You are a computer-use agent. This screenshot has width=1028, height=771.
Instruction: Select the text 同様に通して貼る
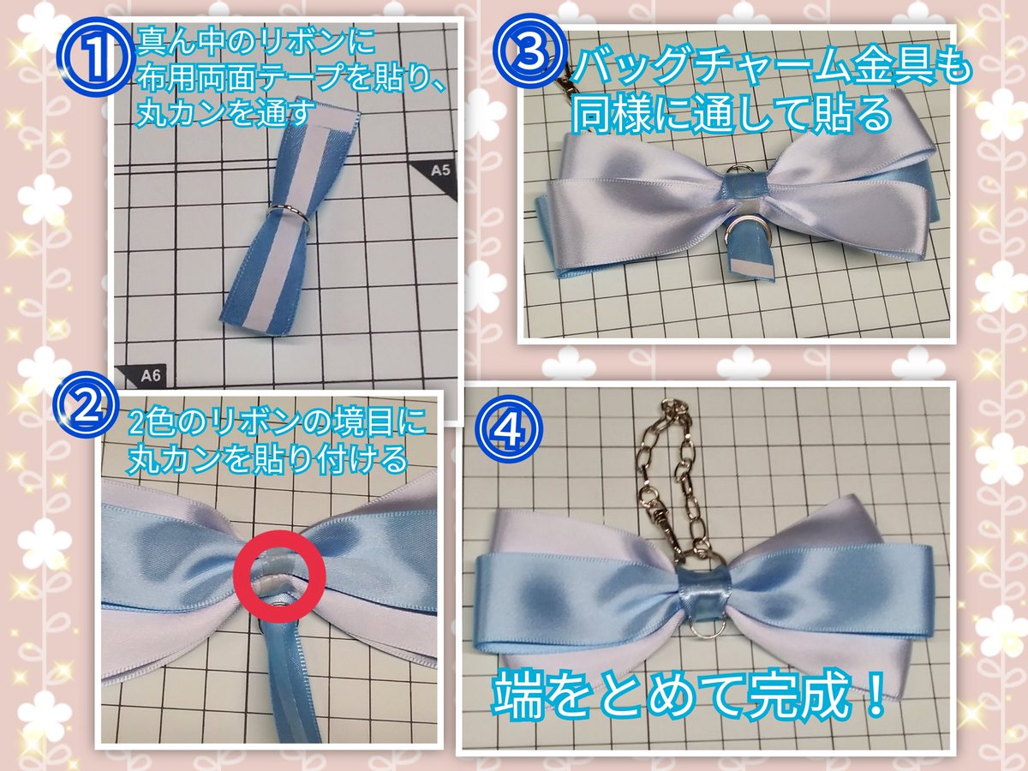732,112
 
